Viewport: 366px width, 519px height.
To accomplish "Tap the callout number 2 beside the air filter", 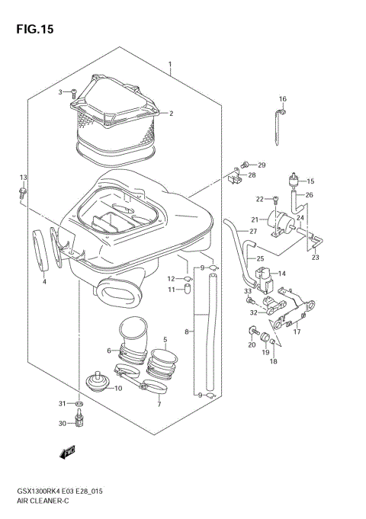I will click(x=171, y=114).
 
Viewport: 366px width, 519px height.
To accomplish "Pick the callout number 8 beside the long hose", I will click(x=187, y=332).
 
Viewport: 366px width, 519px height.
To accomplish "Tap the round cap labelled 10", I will click(x=97, y=378).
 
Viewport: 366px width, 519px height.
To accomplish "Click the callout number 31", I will click(x=63, y=402).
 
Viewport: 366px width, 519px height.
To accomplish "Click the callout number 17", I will click(x=297, y=332).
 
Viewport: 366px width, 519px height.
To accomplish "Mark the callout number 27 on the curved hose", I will click(x=253, y=230).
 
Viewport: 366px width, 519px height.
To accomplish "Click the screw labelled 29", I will click(x=245, y=164).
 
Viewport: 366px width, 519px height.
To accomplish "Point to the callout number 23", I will click(x=315, y=258).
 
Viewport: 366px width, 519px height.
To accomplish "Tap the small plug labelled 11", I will click(x=184, y=290).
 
